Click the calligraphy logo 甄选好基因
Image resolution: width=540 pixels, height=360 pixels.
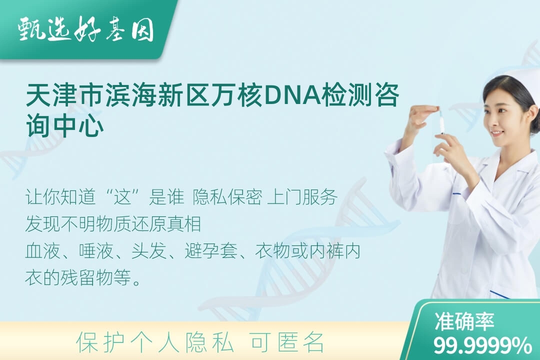[86, 29]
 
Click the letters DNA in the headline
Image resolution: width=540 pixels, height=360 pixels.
[292, 95]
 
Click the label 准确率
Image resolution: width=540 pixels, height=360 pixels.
[464, 321]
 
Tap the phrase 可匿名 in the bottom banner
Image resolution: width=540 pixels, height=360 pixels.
[287, 342]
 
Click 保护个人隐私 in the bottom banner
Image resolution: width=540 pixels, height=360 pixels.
[155, 342]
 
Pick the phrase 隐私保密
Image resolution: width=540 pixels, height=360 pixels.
[227, 197]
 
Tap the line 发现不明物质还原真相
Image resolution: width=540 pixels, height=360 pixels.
[113, 224]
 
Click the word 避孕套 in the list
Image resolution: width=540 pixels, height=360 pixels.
[211, 251]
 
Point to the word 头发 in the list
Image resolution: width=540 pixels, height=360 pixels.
[149, 251]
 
